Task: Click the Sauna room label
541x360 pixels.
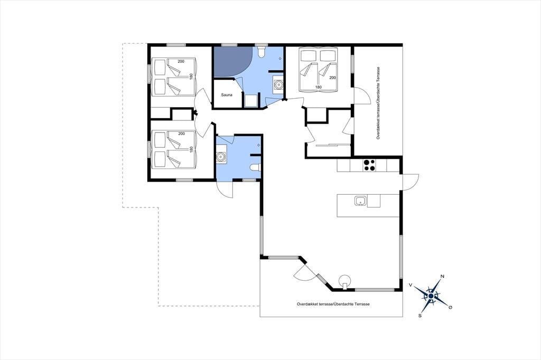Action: point(227,95)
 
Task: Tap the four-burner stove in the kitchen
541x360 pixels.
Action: point(369,165)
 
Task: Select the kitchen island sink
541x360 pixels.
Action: point(360,201)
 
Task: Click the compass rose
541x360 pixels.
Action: point(431,296)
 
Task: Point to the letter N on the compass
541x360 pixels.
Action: point(442,276)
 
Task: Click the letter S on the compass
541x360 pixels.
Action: point(420,315)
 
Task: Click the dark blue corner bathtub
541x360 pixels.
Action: point(233,62)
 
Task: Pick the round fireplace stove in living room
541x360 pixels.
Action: point(344,280)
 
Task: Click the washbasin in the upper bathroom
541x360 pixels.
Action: point(278,84)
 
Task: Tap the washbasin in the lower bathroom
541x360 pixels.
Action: point(221,157)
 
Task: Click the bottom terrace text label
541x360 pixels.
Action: point(333,304)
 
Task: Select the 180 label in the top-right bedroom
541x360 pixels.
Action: point(318,87)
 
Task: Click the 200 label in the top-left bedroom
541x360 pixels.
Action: point(181,61)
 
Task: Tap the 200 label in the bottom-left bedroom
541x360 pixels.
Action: point(181,134)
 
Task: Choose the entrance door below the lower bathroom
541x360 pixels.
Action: point(224,190)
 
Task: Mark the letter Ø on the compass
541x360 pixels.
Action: point(450,307)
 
